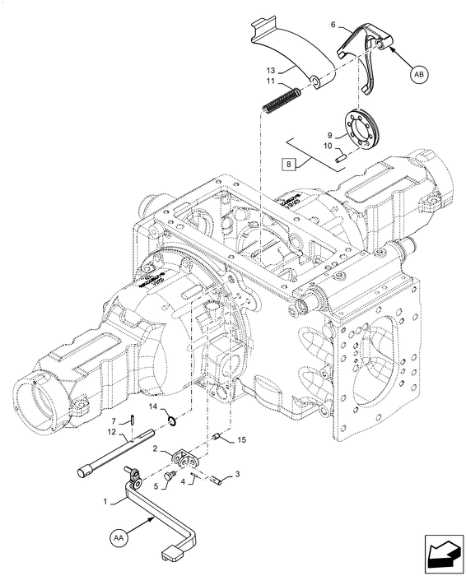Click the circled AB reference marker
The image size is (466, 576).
pyautogui.click(x=418, y=74)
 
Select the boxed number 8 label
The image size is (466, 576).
pyautogui.click(x=289, y=163)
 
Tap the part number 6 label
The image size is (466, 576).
pyautogui.click(x=333, y=26)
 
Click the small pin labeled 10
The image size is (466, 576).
pyautogui.click(x=339, y=152)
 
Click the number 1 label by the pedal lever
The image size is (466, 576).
pyautogui.click(x=104, y=501)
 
